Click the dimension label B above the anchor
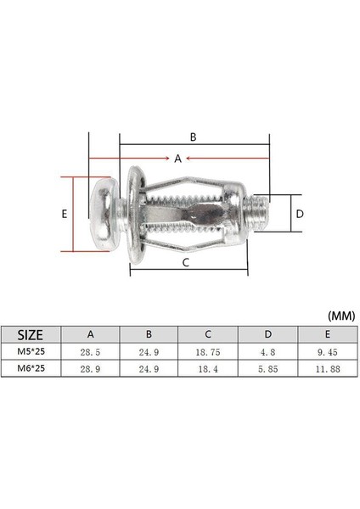(x=193, y=136)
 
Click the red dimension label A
(x=177, y=159)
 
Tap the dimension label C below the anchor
(x=186, y=263)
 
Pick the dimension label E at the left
(x=65, y=215)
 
